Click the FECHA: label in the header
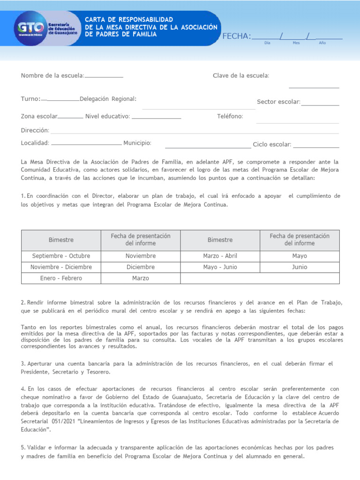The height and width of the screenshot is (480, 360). coord(237,37)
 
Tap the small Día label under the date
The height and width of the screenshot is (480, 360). coord(267,43)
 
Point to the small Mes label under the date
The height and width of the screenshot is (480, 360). coord(296,43)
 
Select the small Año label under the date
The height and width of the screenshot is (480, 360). coord(322,43)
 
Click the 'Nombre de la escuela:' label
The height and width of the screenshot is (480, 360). coord(52,75)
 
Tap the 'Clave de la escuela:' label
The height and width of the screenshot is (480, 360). coord(241,75)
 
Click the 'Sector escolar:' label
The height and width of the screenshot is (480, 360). coord(278,102)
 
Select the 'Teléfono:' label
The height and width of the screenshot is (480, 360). coord(230,116)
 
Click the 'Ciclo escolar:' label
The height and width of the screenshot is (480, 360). coord(272,144)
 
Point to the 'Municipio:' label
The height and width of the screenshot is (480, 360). coord(137,143)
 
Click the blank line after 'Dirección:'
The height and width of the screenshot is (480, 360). coord(195,132)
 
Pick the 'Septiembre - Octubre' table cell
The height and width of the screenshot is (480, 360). coord(61,256)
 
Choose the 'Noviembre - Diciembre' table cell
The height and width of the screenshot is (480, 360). coord(61,267)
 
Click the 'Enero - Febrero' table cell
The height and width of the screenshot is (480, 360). coord(61,278)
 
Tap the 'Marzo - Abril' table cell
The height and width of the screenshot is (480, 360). coord(220,256)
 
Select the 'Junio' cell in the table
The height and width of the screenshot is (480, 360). coord(300,267)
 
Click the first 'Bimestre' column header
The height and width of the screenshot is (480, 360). coord(61,240)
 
